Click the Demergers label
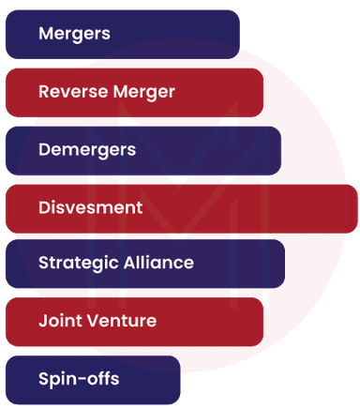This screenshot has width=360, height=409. (87, 149)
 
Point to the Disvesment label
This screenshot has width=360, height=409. (90, 207)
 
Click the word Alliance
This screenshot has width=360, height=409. (158, 264)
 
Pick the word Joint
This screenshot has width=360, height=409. (58, 321)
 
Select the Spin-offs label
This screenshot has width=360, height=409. (79, 379)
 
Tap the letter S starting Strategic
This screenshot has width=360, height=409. (43, 264)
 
